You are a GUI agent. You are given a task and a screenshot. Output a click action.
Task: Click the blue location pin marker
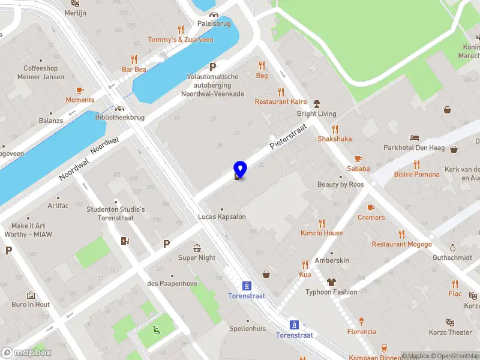coord(239,169)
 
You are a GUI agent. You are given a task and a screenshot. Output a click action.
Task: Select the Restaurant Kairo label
coord(280,102)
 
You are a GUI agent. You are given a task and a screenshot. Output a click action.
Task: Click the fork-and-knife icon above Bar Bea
coord(134,59)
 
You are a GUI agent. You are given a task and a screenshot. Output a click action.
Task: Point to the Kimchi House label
coord(322,233)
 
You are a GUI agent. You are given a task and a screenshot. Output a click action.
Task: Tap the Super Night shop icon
coord(197,248)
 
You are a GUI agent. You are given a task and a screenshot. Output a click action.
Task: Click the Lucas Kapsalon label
coord(222,217)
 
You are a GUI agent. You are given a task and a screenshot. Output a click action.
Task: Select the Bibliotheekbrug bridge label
coord(120,118)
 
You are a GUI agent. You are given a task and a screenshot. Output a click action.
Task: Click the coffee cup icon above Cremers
coord(371,208)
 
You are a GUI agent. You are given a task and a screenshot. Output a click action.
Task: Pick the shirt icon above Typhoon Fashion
coord(331,282)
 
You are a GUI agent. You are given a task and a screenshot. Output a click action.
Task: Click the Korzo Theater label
coord(451,332)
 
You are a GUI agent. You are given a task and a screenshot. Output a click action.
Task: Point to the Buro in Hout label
coord(31,304)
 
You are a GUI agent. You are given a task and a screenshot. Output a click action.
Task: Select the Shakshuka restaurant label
coord(335,139)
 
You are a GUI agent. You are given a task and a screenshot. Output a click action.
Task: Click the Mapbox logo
coord(26,353)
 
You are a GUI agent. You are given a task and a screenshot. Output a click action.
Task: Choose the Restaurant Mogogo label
coord(401,244)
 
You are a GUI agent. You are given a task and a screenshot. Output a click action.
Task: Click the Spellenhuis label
coord(247,329)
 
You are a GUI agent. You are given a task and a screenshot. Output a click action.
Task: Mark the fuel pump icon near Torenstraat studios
coord(125,241)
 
